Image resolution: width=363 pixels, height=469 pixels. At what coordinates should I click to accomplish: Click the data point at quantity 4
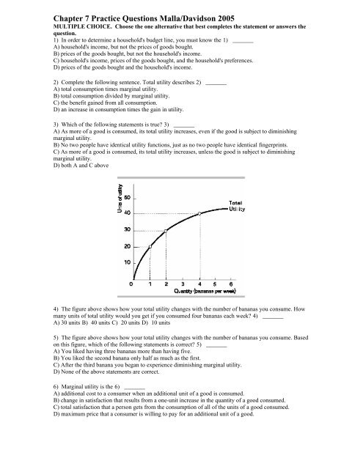[x=199, y=214]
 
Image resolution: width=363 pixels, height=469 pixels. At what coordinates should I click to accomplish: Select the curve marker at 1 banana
[x=150, y=246]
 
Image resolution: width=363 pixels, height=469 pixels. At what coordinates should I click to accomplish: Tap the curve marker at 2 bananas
[x=166, y=231]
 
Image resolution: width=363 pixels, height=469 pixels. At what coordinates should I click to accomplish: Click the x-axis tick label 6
[x=232, y=284]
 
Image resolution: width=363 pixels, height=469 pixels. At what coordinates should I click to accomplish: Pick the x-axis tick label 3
[x=183, y=284]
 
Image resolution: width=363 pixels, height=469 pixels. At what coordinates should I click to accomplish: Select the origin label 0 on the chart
[x=132, y=284]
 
